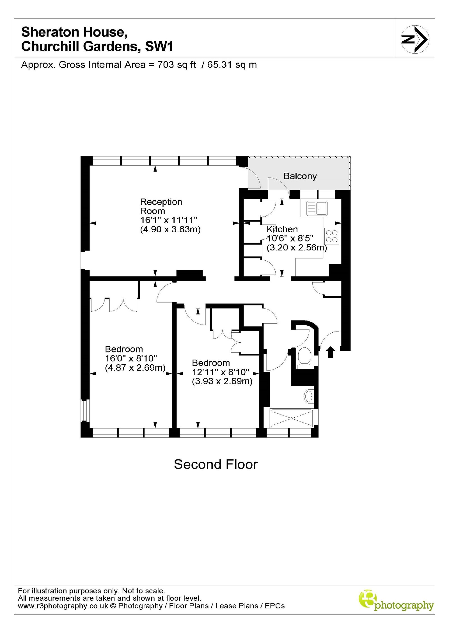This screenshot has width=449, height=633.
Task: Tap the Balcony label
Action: coord(300,176)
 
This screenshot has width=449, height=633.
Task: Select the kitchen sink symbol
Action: coord(317,208)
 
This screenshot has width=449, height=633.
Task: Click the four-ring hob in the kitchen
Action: coord(332,236)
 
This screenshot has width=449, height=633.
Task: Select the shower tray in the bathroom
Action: coord(291,418)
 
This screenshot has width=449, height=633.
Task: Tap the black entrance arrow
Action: coord(331,352)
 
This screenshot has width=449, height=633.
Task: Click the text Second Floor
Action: coord(216,464)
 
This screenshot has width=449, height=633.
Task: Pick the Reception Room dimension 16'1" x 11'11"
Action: coord(169,220)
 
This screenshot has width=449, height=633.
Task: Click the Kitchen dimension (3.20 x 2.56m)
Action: coord(297,248)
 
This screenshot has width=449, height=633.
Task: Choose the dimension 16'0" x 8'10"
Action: coord(131,358)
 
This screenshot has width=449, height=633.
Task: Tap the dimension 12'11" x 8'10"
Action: coord(221,372)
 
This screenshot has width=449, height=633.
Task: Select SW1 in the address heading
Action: coord(159,46)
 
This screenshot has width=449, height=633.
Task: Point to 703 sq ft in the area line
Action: coord(177,65)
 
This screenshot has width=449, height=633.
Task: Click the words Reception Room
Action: coord(161,206)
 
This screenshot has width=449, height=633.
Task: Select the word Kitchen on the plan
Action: coord(282,229)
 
